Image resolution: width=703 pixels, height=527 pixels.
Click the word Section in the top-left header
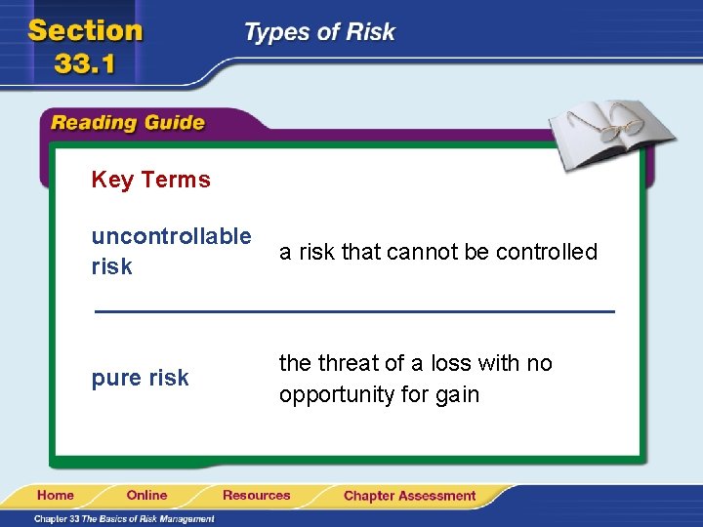point(86,30)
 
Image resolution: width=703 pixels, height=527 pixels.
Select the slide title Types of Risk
point(319,32)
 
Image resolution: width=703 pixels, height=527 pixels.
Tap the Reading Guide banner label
point(128,123)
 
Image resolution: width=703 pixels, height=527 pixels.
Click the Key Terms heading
point(150,180)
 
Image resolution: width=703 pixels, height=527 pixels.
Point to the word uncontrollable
point(171,236)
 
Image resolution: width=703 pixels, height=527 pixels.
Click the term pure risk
point(140,378)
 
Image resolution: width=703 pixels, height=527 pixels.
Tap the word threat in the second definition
point(345,363)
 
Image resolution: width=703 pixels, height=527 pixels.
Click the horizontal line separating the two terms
point(353,311)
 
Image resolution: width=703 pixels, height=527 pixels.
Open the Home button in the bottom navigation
point(56,496)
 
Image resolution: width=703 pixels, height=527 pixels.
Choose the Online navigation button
point(146,496)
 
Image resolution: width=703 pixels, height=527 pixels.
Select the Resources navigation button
point(256,496)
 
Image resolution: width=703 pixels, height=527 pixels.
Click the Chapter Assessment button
point(409,496)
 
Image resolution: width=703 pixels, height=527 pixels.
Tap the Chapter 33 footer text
point(124,518)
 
